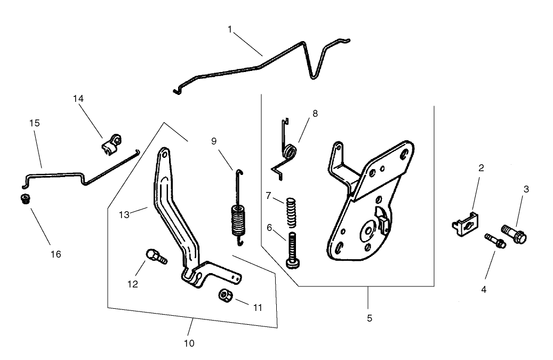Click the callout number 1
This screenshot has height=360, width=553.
(x=230, y=29)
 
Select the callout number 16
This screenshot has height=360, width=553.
(x=56, y=254)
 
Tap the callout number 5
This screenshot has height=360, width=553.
(x=369, y=318)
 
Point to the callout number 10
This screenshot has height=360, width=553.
(x=189, y=343)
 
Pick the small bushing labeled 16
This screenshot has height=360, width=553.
(x=23, y=199)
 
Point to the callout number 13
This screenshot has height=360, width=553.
(x=124, y=214)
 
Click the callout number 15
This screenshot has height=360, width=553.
(x=35, y=123)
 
